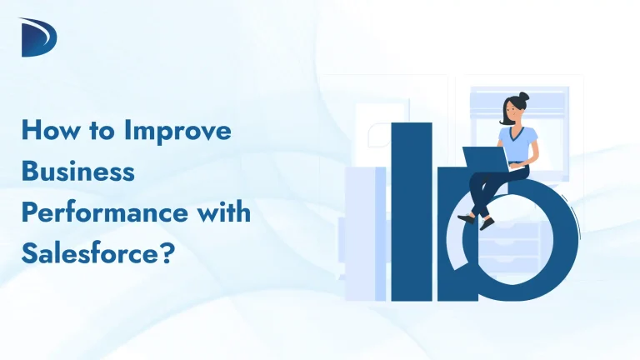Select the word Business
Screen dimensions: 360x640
pos(77,171)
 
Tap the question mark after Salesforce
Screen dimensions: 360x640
pos(165,251)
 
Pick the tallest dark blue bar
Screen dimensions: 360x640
pos(412,208)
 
